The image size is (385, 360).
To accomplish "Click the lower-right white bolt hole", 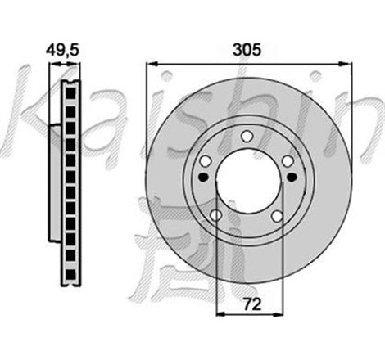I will coord(277,215).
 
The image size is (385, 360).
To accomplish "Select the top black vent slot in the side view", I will coord(70,90).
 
